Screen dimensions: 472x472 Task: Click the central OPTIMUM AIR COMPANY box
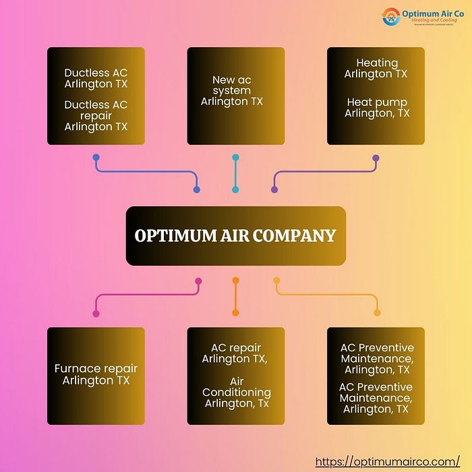click(235, 236)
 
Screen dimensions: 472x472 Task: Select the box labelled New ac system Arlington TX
click(235, 96)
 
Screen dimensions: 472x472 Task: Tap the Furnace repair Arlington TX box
click(96, 376)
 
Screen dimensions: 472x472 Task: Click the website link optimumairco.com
click(388, 462)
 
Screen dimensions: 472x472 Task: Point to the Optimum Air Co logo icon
click(391, 16)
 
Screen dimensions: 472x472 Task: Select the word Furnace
click(77, 369)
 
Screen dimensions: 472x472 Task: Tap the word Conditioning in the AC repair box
click(236, 392)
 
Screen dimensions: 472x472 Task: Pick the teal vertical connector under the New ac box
click(235, 173)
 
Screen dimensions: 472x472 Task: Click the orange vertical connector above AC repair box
click(235, 297)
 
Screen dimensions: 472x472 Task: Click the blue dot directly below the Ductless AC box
click(96, 157)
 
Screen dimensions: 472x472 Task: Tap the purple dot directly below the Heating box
click(376, 157)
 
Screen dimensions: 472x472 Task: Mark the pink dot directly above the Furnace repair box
click(96, 314)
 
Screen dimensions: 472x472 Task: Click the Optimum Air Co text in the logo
click(432, 12)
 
